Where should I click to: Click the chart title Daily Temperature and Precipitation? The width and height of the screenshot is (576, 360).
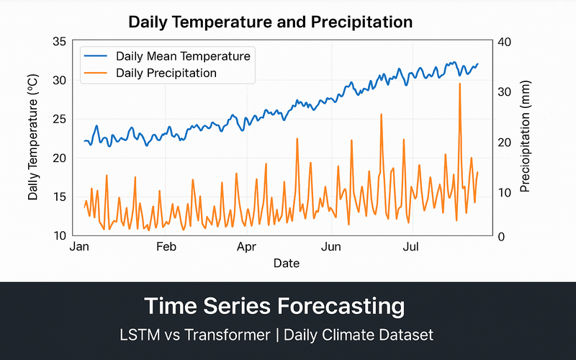pos(270,22)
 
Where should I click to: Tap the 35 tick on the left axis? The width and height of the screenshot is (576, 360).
pos(60,42)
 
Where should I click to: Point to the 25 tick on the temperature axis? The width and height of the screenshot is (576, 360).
pos(60,119)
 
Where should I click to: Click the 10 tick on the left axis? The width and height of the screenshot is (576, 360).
pos(60,235)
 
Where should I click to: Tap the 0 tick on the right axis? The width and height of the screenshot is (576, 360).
pos(500,236)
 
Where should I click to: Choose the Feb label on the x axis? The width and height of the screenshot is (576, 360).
pos(166,247)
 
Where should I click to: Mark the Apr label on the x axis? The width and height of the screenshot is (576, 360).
pos(247,247)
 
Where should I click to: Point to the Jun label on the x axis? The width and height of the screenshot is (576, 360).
pos(330,247)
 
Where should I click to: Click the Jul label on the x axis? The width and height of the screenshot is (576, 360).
pos(411,247)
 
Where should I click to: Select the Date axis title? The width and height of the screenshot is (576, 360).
pos(286,264)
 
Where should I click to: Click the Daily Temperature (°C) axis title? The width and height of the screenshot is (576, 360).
pos(33,139)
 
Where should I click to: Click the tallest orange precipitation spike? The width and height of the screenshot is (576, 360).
pos(459,85)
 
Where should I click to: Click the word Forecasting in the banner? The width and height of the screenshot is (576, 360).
pos(340,306)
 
